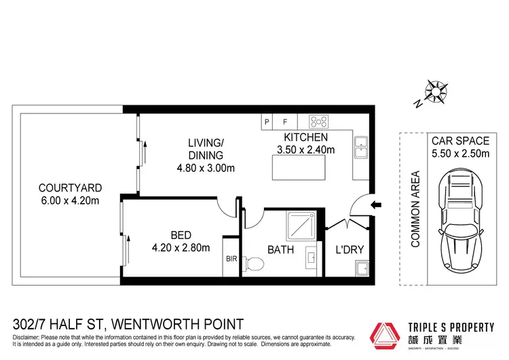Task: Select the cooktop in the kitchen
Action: coord(318,122)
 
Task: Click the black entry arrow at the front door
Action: coord(378,204)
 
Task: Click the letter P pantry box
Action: coord(267,122)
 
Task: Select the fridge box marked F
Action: coord(285,122)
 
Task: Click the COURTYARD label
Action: coord(70,187)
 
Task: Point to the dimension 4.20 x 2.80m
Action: coord(181,247)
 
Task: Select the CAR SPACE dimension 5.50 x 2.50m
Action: coord(460,154)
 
